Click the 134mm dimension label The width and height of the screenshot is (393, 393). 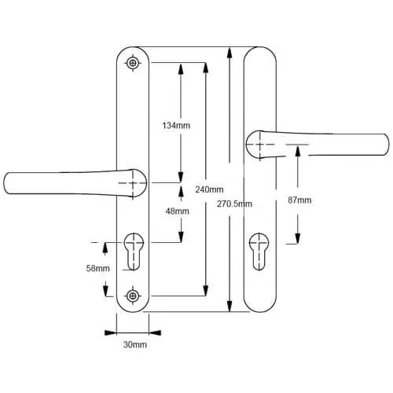tap(176, 126)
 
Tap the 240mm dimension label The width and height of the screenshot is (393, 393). tap(209, 189)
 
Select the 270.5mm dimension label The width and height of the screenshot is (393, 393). tap(234, 204)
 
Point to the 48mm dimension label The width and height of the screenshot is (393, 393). tap(178, 211)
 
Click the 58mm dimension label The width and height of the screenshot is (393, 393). tap(98, 268)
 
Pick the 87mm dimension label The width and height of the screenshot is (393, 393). tap(299, 200)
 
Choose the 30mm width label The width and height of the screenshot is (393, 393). tap(135, 344)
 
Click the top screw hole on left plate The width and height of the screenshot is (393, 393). tap(133, 63)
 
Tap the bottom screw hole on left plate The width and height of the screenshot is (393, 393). tap(133, 296)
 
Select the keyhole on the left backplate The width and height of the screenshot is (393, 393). tap(134, 251)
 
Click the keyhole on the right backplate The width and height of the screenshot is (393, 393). tap(259, 252)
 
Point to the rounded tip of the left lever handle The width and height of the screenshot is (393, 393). tap(6, 183)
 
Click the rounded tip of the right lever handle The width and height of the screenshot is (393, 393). tap(387, 145)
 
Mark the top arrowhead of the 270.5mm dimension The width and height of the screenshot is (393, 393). tap(230, 53)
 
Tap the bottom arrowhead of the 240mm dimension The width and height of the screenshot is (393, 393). tap(206, 290)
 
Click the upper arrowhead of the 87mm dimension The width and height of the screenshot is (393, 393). tap(298, 152)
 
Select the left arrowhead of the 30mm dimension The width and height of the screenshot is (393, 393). tap(111, 333)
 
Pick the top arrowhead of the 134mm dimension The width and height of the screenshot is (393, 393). tap(181, 69)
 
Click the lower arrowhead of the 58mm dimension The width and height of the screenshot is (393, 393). tap(105, 291)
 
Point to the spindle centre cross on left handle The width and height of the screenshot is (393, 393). tap(133, 183)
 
